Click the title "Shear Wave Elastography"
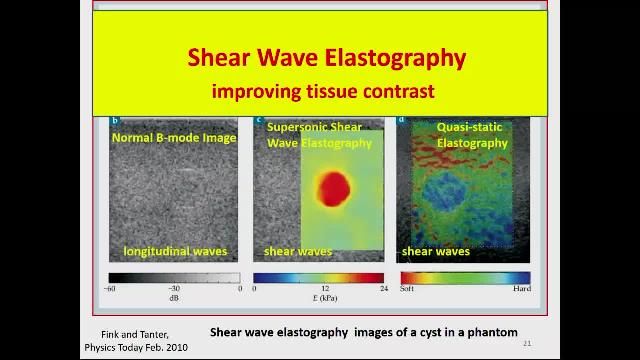coord(326,57)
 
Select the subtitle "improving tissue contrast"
coord(322,91)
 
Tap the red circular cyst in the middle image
coord(333,186)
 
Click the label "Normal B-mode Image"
coord(174,138)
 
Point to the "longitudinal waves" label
coord(175,251)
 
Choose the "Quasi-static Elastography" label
coord(471,135)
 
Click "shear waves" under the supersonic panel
coord(298,251)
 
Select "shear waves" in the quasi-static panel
coord(436,251)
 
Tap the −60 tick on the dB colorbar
coord(110,289)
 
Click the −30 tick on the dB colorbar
coord(174,289)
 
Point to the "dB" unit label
coord(174,298)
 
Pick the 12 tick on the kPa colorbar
coord(318,289)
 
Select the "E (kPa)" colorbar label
coord(318,298)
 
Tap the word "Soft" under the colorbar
coord(408,289)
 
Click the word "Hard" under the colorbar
coord(521,289)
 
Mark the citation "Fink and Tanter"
coord(135,334)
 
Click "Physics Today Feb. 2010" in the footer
coord(135,348)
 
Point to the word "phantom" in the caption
coord(492,332)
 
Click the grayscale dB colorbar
coord(174,278)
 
